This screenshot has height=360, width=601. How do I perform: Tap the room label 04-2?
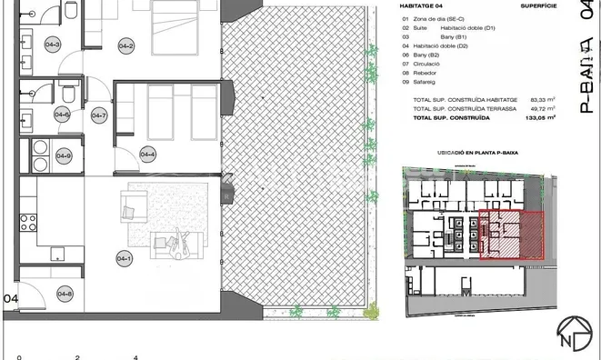[125, 47]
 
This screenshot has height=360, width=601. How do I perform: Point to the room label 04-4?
[145, 153]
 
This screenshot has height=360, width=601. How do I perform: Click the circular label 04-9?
[64, 155]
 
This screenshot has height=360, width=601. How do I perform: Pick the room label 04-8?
[65, 293]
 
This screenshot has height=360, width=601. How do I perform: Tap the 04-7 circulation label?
[98, 115]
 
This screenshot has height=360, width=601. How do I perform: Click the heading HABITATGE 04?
[427, 8]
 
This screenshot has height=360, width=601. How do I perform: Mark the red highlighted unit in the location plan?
[511, 235]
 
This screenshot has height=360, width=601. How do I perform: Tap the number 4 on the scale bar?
[135, 356]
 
